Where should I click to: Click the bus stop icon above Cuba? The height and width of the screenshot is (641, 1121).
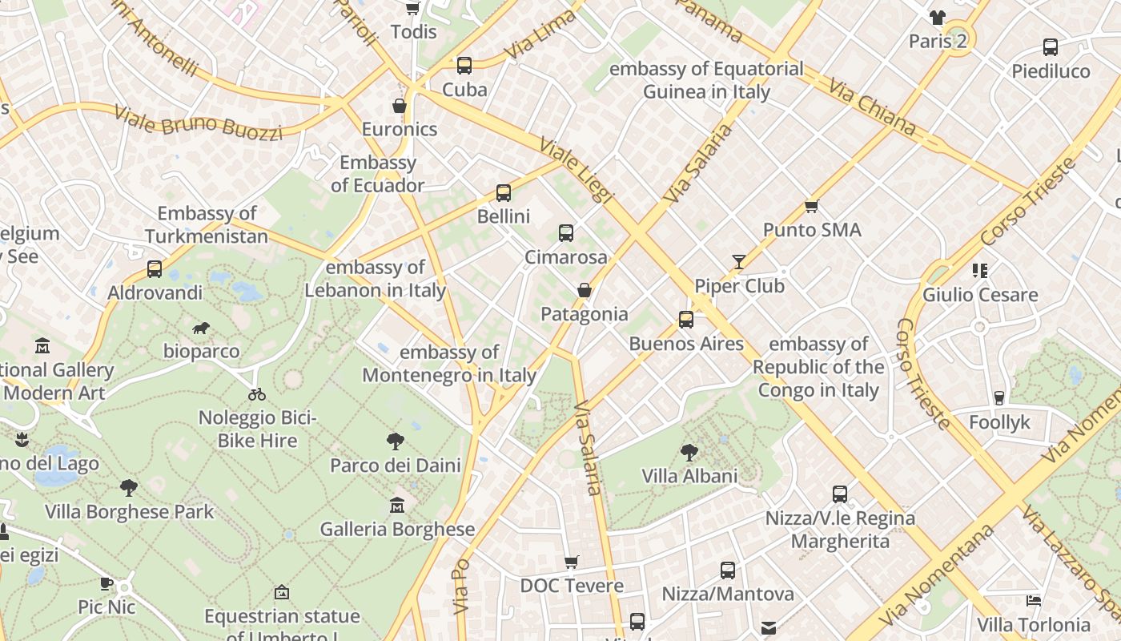[x=464, y=66]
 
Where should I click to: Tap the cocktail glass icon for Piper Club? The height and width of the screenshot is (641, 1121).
[x=738, y=262]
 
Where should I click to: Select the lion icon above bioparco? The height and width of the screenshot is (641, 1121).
[x=201, y=328]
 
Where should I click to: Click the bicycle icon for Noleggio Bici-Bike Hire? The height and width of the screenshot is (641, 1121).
[x=257, y=394]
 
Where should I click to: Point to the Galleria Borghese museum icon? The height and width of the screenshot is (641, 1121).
[x=397, y=506]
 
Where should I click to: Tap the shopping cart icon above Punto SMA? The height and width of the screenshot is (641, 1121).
[x=812, y=207]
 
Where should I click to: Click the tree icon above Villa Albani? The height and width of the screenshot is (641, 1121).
[x=689, y=453]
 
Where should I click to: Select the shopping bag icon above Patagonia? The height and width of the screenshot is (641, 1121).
[x=585, y=290]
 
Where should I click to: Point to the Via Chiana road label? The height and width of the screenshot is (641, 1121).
[x=872, y=107]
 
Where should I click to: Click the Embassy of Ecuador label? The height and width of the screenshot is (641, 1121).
[x=378, y=174]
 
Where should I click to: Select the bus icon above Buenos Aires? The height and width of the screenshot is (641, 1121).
[x=686, y=320]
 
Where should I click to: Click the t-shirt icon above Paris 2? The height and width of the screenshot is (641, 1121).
[x=938, y=18]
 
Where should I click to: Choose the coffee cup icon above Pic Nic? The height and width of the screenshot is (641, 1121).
[x=106, y=583]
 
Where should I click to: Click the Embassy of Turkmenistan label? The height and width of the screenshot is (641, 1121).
[x=207, y=224]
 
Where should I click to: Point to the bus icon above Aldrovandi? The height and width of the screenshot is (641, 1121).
[x=155, y=269]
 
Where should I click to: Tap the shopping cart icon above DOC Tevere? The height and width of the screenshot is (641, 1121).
[x=572, y=562]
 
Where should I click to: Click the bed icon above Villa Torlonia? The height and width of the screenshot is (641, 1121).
[x=1034, y=600]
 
